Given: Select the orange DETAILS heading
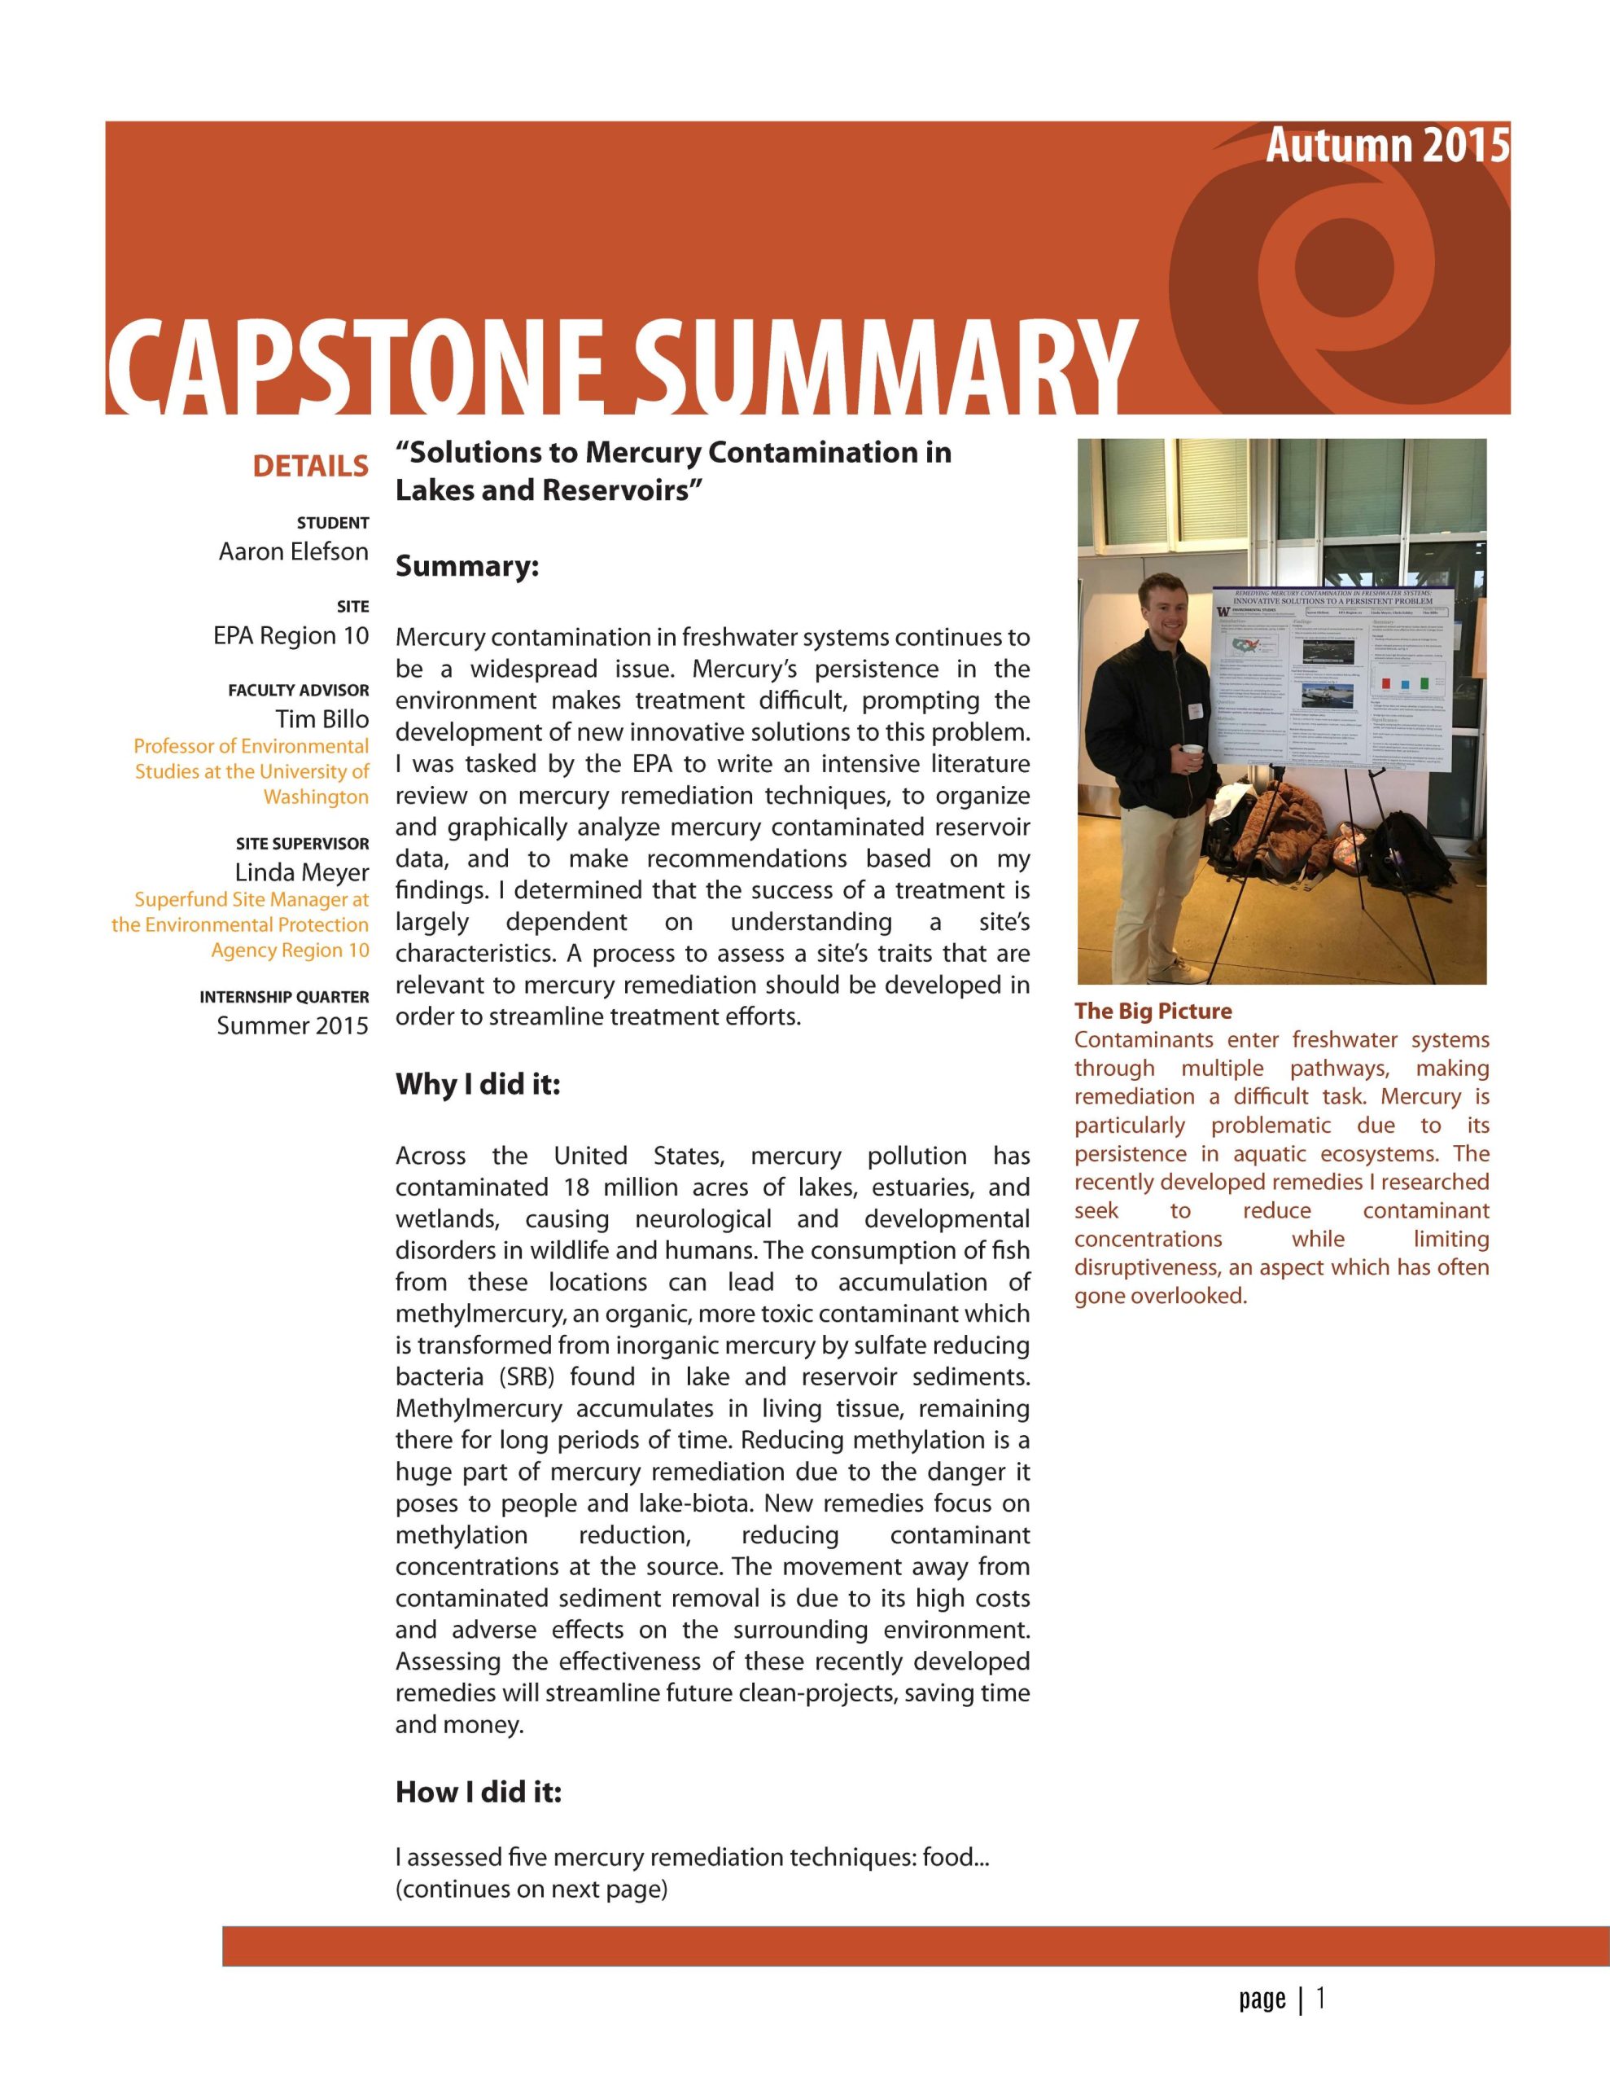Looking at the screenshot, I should tap(310, 466).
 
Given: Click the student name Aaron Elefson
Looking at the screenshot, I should tap(293, 552).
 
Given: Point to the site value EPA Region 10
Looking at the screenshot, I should tap(291, 636).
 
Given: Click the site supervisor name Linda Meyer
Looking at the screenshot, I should tap(302, 872).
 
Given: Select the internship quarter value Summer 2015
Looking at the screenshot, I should tap(292, 1025).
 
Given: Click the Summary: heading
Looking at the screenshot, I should tap(468, 567).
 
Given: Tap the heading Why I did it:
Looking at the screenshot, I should tap(478, 1086).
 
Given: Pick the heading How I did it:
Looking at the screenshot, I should tap(478, 1793).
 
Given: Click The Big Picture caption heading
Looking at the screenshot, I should tap(1153, 1011).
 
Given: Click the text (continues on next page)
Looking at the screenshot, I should tap(532, 1890).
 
